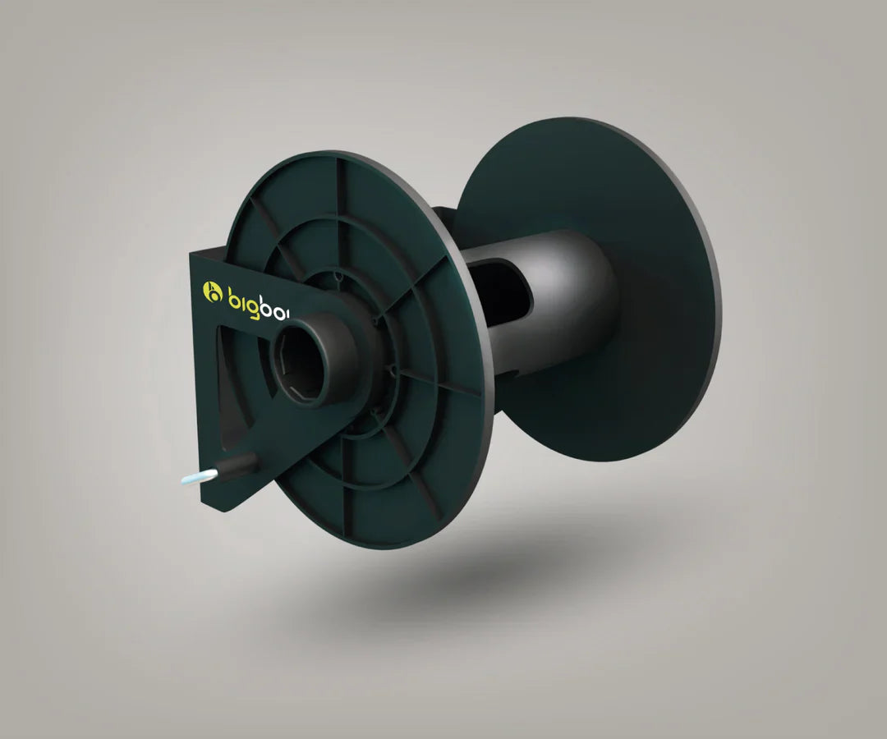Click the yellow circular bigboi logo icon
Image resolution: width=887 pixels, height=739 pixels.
pyautogui.click(x=213, y=291)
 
